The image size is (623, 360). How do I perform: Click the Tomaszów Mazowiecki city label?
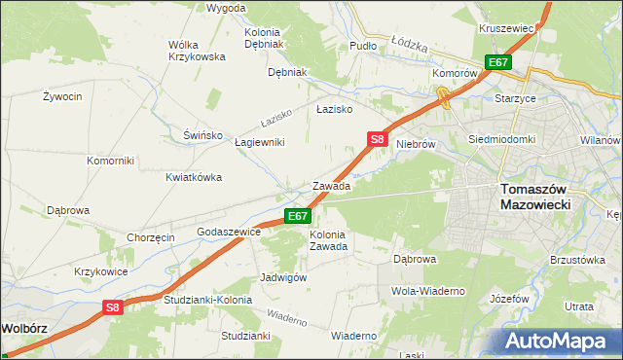pos(541,198)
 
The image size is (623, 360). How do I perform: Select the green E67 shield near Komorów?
pos(498,62)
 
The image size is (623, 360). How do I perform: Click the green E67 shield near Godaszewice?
pos(298,216)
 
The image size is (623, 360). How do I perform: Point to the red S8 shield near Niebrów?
pos(379,140)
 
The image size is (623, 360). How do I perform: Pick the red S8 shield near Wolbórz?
pos(114,307)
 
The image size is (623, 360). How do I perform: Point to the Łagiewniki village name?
pos(260,142)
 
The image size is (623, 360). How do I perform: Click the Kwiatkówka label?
pos(194,177)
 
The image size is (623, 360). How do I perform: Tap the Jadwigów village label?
pos(284,277)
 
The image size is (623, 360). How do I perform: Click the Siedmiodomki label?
pos(502,139)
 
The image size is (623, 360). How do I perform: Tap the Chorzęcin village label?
pos(150,237)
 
